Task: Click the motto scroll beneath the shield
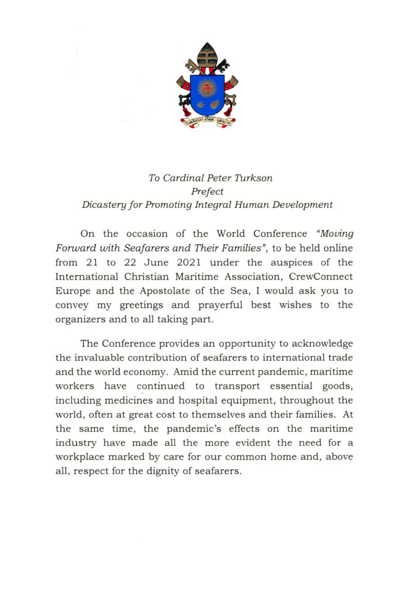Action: [x=207, y=122]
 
